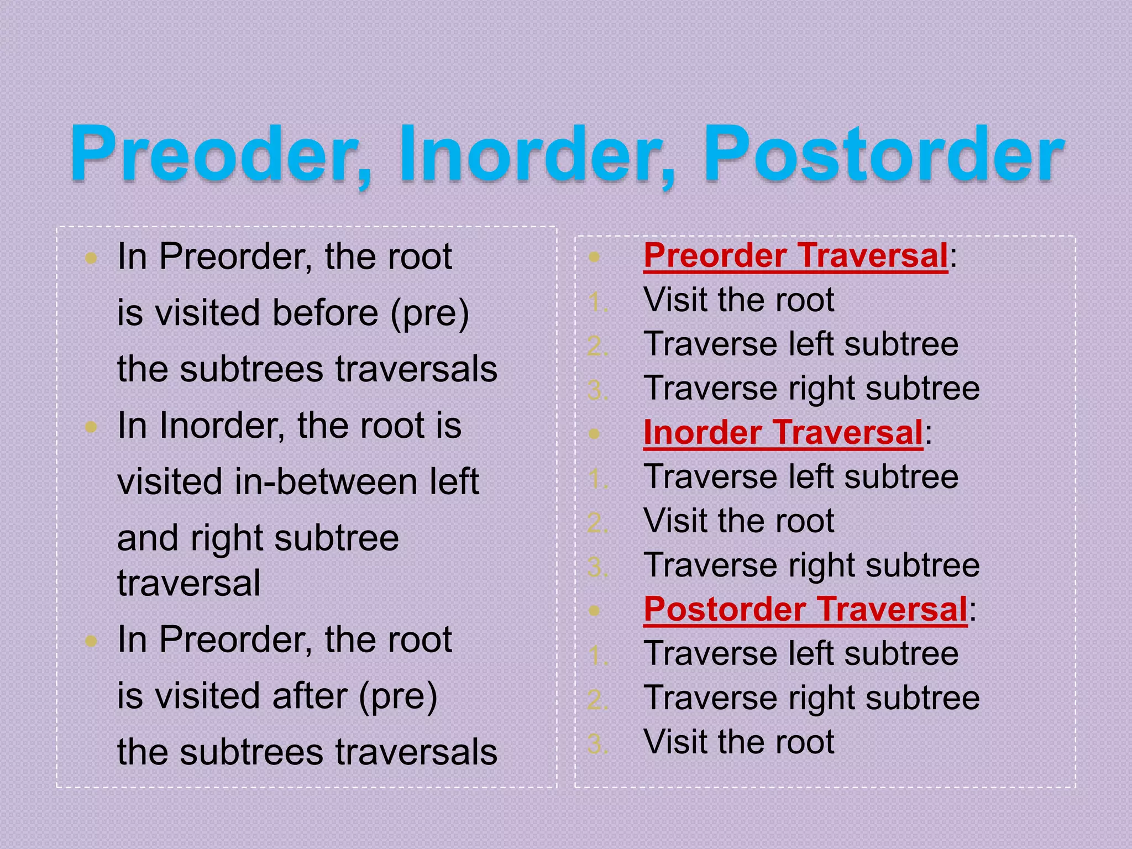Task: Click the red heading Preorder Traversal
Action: [x=796, y=256]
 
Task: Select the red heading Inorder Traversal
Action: [x=783, y=433]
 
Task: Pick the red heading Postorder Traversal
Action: [x=805, y=610]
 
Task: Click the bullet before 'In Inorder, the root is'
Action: [x=91, y=426]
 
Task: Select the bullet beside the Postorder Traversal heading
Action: [x=594, y=611]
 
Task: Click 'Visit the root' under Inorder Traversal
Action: [x=739, y=521]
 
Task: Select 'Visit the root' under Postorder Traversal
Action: [x=739, y=742]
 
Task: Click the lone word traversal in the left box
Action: [x=189, y=583]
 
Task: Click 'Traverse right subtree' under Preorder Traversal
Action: [x=812, y=388]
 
